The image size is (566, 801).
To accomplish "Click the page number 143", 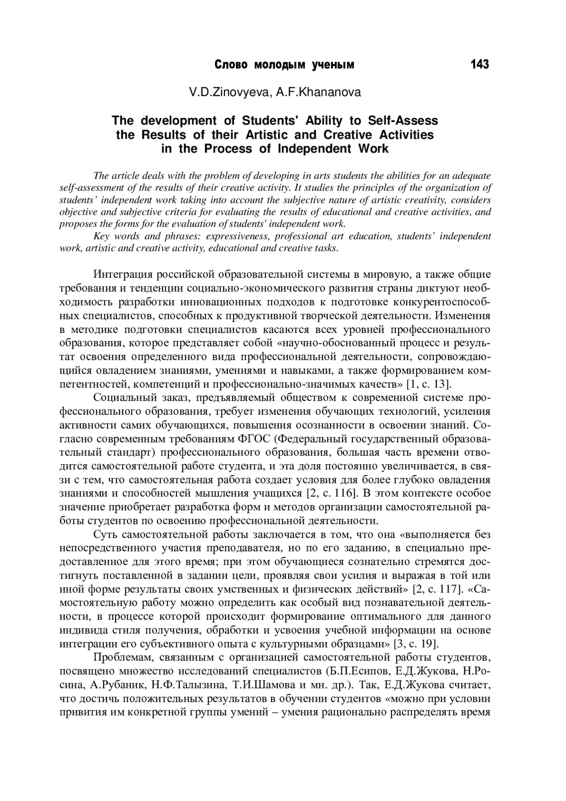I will [x=479, y=65].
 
